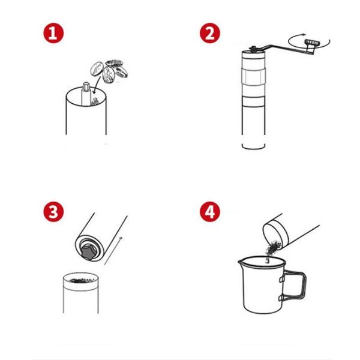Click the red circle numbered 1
tap(53, 33)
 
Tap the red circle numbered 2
tap(210, 33)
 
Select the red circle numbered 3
tap(53, 212)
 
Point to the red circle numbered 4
tap(210, 212)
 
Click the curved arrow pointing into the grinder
tap(97, 85)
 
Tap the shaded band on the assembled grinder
tap(253, 76)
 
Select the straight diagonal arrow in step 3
tap(113, 251)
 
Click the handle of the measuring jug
tap(295, 285)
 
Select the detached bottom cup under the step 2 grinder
tap(254, 147)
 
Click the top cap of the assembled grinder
tap(253, 52)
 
